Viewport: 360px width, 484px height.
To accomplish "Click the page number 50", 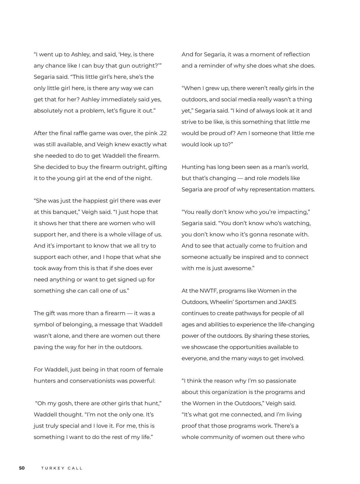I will [22, 468].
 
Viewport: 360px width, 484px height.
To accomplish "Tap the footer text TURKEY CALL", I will [62, 468].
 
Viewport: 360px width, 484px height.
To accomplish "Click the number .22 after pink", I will [162, 133].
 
